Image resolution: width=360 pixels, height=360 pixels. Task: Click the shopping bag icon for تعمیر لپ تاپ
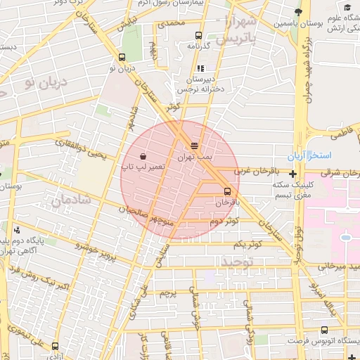(143, 156)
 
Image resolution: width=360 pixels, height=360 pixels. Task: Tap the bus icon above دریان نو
(123, 58)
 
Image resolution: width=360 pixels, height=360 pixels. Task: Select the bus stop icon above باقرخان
(227, 191)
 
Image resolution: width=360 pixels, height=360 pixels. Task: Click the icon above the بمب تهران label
(194, 146)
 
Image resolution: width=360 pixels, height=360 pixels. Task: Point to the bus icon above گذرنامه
(199, 34)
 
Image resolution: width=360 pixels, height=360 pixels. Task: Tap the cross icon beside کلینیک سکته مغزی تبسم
(292, 173)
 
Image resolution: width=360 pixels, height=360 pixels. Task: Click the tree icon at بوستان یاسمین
(298, 13)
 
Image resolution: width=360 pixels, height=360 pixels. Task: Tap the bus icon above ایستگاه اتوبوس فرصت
(323, 330)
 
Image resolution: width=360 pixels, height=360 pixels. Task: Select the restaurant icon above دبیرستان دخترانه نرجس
(200, 69)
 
